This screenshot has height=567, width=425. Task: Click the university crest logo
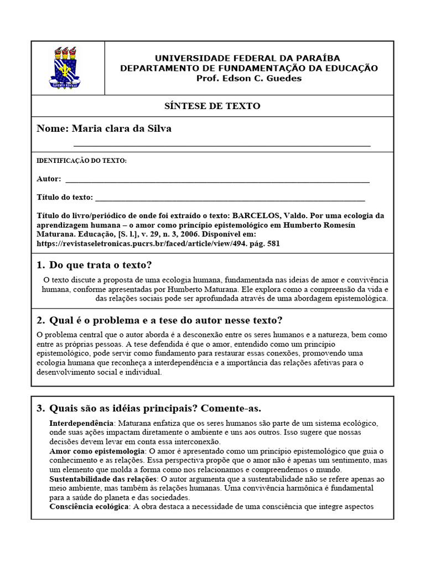coord(68,68)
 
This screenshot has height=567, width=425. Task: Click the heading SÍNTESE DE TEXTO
coord(212,106)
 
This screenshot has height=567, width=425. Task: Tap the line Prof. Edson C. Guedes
coord(249,78)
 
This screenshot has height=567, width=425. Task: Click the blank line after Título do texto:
coord(230,198)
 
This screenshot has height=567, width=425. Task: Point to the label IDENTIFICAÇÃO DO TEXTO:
coord(81,161)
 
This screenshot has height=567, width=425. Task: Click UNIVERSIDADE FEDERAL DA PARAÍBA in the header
coord(247,58)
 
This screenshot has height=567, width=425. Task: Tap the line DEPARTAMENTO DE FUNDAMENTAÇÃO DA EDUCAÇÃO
coord(249,68)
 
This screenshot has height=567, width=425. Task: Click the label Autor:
coord(49,179)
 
